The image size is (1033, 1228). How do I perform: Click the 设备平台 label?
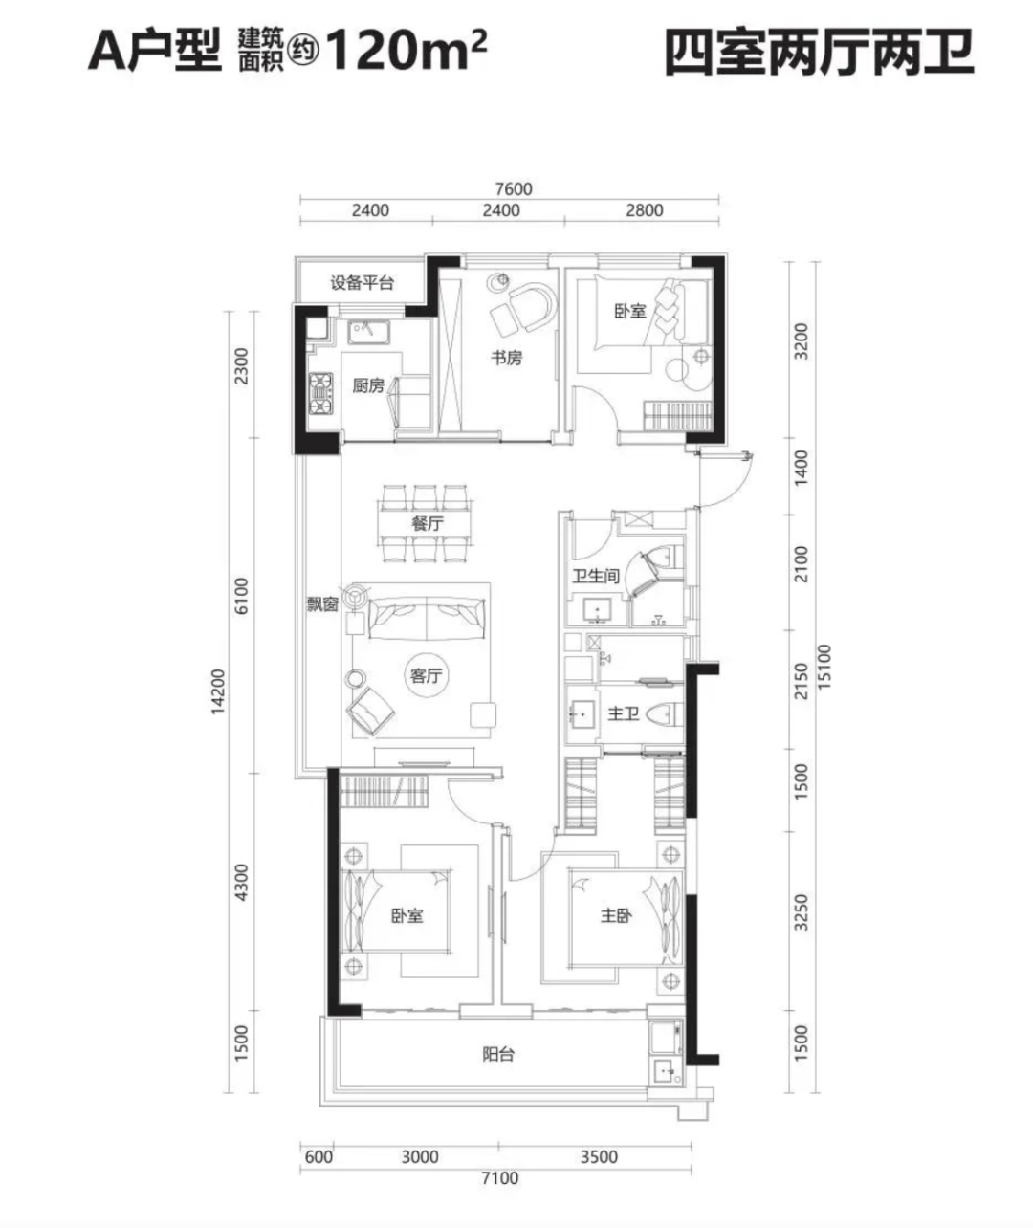pos(362,283)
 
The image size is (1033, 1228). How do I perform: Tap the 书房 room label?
pos(507,358)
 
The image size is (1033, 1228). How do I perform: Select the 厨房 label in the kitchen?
pos(368,385)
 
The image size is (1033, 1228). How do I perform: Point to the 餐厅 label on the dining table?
pos(428,523)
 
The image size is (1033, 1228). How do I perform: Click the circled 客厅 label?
pos(426,676)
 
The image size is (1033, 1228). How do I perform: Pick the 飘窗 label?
pos(322,604)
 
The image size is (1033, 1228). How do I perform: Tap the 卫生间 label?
pos(597,576)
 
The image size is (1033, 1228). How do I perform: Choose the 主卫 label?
pos(624,714)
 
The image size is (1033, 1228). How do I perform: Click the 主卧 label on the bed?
pos(616,915)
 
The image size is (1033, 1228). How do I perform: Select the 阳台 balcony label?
pos(498,1055)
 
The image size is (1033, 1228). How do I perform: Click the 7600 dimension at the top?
pos(514,188)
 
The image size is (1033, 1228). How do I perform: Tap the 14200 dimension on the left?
pos(218,691)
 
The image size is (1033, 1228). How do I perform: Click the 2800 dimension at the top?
pos(644,210)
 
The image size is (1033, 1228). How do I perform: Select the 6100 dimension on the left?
pos(241,596)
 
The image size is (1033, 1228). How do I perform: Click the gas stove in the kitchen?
pos(320,393)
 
